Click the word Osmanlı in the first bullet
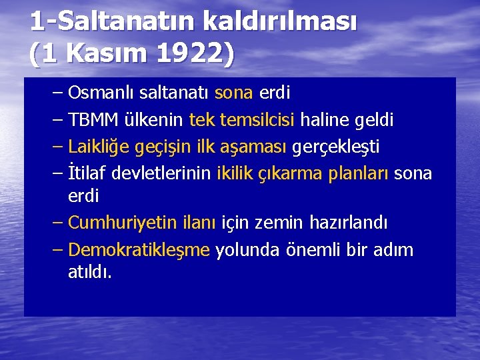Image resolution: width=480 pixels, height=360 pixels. [x=97, y=92]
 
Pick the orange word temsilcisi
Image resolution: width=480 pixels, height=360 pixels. [x=257, y=120]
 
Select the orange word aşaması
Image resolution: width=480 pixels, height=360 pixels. [x=257, y=146]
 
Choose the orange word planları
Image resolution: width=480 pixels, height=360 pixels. [x=359, y=173]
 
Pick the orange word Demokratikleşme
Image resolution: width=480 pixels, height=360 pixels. [x=139, y=250]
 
